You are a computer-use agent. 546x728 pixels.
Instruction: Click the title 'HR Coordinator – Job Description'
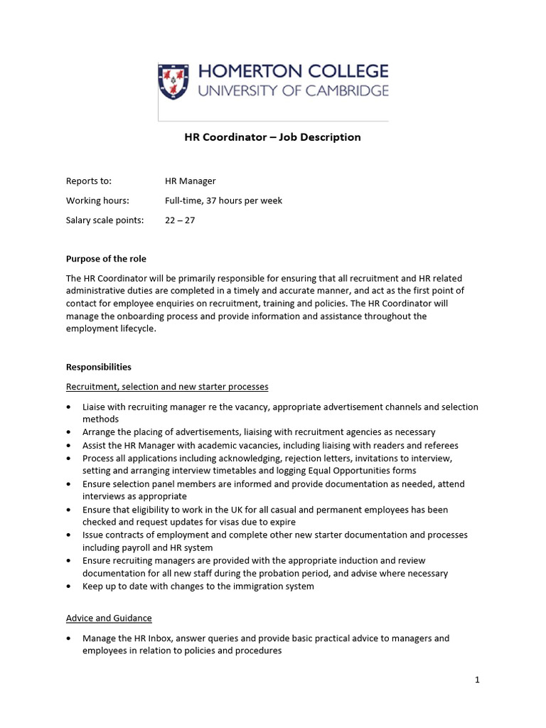point(273,137)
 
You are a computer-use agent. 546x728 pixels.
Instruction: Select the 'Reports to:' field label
point(89,181)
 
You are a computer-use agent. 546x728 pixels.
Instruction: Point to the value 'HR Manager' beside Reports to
point(190,181)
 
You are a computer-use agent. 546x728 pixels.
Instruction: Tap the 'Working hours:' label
point(97,200)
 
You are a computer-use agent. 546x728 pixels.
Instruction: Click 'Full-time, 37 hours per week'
point(223,200)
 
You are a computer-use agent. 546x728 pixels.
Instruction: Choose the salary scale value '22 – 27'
point(180,220)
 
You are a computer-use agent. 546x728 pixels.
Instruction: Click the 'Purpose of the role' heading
point(106,259)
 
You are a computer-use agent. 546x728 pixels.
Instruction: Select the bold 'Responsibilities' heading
point(99,368)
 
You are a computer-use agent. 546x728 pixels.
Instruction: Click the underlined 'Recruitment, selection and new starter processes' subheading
point(167,387)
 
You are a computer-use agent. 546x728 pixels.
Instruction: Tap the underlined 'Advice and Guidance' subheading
point(109,619)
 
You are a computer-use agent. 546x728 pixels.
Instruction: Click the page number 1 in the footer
point(478,680)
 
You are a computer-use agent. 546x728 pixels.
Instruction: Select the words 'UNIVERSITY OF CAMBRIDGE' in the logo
point(293,90)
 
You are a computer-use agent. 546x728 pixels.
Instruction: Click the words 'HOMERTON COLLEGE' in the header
point(293,71)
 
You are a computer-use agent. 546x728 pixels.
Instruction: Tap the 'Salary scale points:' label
point(105,220)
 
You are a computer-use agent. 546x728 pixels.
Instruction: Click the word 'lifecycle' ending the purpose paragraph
point(132,329)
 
